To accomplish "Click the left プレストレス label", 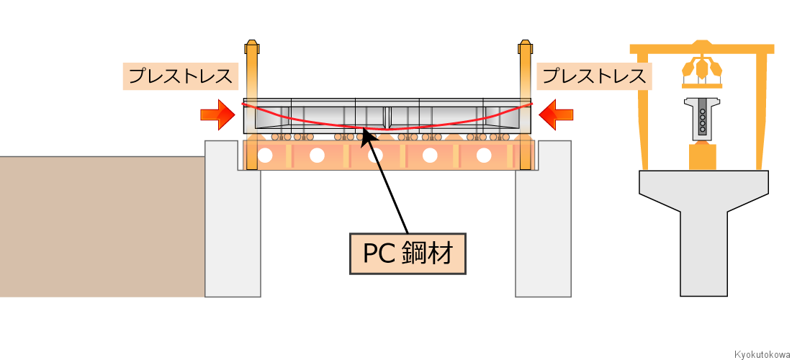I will pos(180,76).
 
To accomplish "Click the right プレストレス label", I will pos(594,76).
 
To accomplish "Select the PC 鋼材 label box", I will pos(408,253).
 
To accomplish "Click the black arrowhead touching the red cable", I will pos(365,134).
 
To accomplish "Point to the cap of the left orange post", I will pos(251,48).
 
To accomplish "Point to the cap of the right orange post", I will pos(525,48).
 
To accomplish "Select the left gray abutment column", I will pos(233,230).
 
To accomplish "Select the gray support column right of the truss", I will pos(544,230).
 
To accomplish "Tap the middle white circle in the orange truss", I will pos(375,155).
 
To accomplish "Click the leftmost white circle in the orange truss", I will pos(266,155).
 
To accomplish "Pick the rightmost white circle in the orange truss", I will pos(484,155).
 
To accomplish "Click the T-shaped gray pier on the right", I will pos(703,223).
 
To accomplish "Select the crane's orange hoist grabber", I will pos(702,69).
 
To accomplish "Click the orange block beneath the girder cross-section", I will pos(703,156).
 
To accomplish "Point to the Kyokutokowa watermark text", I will pos(762,354).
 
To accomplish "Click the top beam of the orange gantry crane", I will pos(702,49).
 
